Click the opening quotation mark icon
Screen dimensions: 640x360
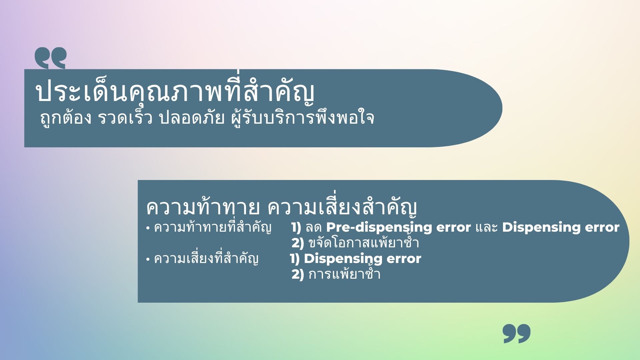[x=50, y=58]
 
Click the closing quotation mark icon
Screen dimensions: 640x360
[x=517, y=333]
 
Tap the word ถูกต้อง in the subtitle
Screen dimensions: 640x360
[x=66, y=118]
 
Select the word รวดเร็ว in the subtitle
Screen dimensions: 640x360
[x=125, y=117]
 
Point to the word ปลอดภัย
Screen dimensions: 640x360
[x=192, y=118]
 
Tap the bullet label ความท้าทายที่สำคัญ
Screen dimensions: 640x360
[x=213, y=227]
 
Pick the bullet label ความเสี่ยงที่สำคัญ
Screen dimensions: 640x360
[x=206, y=259]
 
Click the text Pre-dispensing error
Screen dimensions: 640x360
[x=398, y=228]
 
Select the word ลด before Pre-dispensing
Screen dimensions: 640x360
[x=313, y=228]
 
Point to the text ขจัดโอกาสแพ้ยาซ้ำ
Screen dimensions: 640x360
[x=364, y=242]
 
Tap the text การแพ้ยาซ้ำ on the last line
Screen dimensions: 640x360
[x=344, y=274]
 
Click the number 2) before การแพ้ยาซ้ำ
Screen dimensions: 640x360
[x=298, y=274]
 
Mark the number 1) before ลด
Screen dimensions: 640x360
[x=296, y=227]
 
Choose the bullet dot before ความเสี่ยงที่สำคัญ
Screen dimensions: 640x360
[x=148, y=259]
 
